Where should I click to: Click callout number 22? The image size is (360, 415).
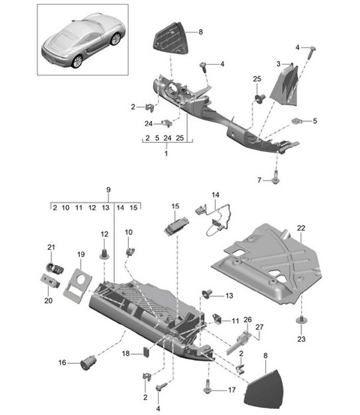[x=301, y=228]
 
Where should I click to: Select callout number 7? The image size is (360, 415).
[x=259, y=180]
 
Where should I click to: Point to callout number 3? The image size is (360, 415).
[x=279, y=63]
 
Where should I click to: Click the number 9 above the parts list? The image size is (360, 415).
[x=108, y=191]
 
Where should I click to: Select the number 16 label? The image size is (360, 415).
[x=63, y=362]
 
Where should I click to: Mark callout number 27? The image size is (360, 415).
[x=260, y=326]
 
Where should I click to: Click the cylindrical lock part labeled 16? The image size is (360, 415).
[x=86, y=361]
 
